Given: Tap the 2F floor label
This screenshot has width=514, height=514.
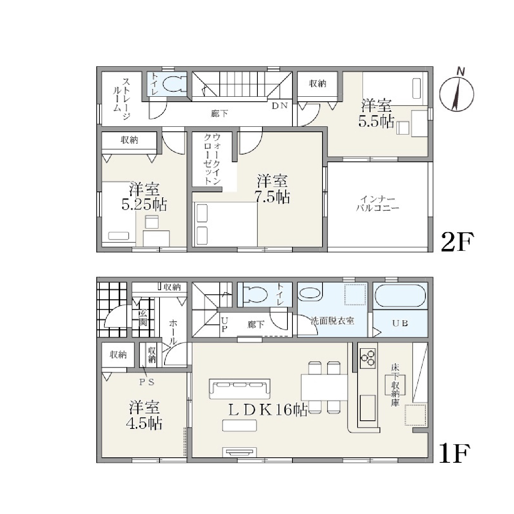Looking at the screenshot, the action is point(457,242).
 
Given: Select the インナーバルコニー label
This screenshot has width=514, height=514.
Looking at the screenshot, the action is point(378,204).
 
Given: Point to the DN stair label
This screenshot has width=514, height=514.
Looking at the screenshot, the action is point(280,106).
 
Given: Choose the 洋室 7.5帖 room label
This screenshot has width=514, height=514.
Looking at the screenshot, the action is point(272,189).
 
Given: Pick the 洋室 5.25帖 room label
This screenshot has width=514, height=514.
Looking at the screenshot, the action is point(144,197).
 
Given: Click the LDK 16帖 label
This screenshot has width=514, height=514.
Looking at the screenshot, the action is point(268,411).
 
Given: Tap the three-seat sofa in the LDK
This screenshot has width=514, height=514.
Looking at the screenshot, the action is point(240,389).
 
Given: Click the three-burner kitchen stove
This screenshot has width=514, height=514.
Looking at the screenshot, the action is point(368,358).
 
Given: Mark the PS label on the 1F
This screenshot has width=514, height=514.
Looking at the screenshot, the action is point(147,383).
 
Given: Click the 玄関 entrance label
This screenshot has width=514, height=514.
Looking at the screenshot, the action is point(143,318).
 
